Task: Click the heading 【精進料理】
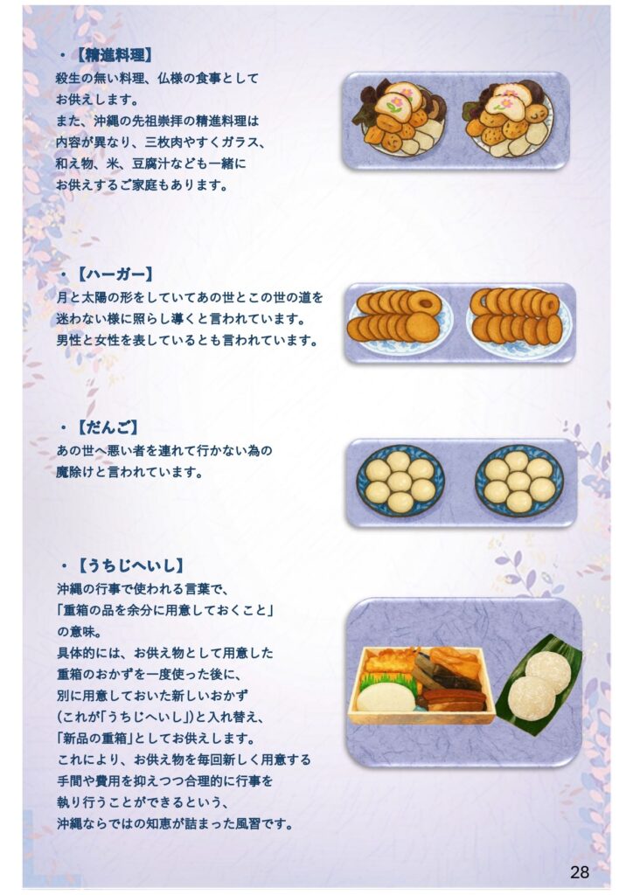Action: click(115, 55)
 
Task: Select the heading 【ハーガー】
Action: click(115, 274)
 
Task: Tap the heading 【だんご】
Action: click(108, 427)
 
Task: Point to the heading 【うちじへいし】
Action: click(131, 565)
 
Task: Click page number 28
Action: click(580, 871)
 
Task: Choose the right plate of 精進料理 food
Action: click(508, 119)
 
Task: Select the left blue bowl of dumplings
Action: click(400, 482)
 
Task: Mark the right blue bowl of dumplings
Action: click(518, 482)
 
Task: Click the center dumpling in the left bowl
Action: click(400, 482)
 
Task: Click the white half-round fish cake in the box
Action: click(386, 697)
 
